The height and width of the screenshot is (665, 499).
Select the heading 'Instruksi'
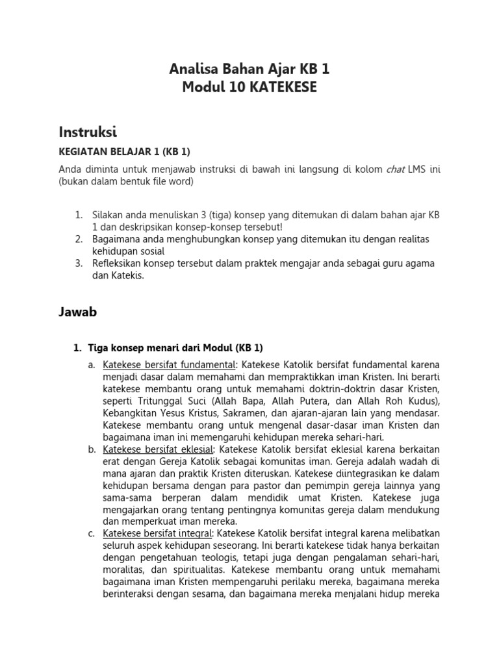point(88,132)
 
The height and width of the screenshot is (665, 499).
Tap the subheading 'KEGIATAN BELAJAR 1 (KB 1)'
point(125,152)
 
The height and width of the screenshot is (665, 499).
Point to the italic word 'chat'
point(395,169)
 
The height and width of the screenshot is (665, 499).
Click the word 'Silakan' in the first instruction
point(108,215)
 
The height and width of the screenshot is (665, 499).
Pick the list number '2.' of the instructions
point(79,240)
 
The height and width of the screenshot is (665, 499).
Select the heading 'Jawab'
point(78,312)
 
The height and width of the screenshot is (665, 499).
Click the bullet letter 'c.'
point(92,534)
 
